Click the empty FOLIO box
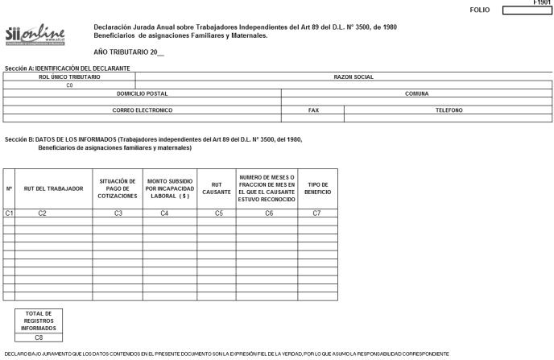527,10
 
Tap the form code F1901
544,2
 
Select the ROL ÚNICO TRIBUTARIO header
69,77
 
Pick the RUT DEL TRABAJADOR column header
53,188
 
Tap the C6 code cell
267,213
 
